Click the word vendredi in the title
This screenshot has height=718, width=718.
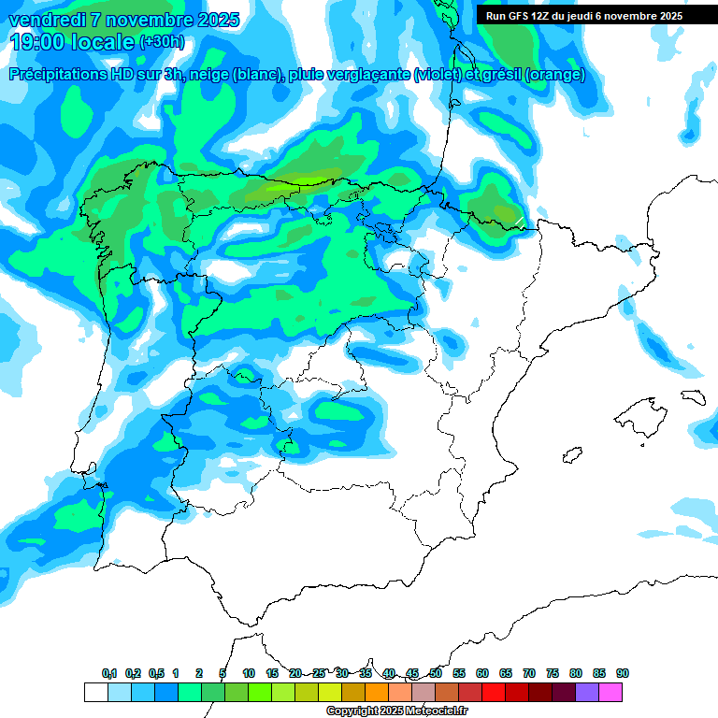tap(41, 20)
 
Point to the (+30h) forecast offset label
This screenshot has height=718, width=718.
tap(162, 41)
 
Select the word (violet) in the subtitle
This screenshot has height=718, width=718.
tap(437, 75)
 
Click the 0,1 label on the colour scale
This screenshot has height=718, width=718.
tap(109, 673)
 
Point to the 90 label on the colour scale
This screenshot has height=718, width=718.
tap(623, 673)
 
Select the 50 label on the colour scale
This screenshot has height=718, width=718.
tap(436, 673)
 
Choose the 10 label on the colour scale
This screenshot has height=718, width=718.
tap(249, 673)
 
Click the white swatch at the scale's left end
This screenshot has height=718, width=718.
tap(95, 692)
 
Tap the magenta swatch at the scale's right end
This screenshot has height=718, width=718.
tap(610, 692)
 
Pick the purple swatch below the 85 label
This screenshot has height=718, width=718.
tap(587, 692)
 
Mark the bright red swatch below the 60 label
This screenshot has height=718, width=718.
tap(494, 692)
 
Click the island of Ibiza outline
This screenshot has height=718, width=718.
tap(571, 455)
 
